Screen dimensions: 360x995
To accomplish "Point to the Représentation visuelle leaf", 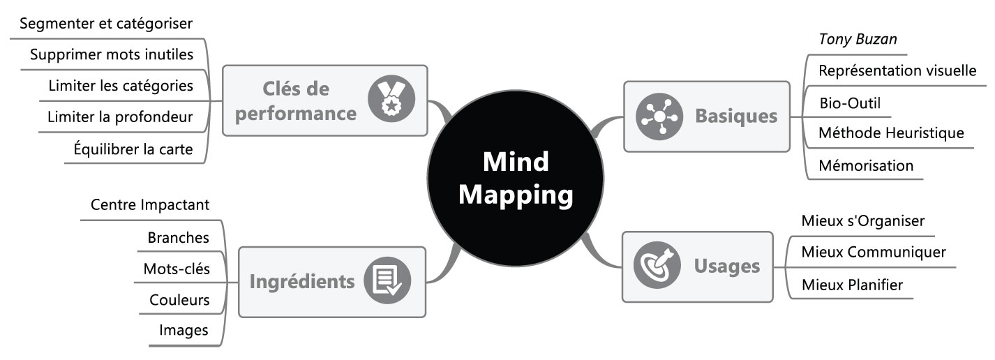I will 897,70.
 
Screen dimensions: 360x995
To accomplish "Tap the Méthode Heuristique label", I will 891,133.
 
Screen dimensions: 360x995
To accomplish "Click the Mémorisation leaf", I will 866,165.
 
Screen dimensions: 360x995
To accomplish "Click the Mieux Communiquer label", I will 874,252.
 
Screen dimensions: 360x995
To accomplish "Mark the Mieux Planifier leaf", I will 852,285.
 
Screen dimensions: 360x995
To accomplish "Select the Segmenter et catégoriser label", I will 106,24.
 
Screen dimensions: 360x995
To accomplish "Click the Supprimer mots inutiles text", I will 112,54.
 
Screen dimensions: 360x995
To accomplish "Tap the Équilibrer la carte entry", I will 133,149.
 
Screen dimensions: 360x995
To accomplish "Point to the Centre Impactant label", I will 150,205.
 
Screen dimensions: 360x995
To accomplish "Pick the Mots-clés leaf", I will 176,269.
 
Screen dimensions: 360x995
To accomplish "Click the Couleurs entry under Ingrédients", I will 179,301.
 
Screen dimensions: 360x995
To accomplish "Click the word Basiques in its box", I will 736,117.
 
